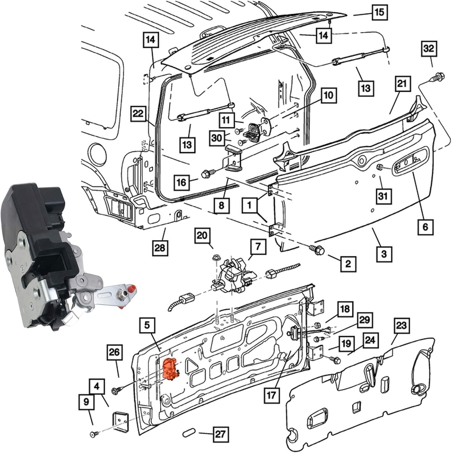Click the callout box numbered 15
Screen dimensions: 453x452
tap(379, 12)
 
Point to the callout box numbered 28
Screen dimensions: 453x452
tap(160, 247)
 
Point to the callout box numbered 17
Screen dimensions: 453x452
tap(271, 394)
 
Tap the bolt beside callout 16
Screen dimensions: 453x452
tap(207, 174)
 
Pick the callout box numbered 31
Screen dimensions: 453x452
tap(383, 196)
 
